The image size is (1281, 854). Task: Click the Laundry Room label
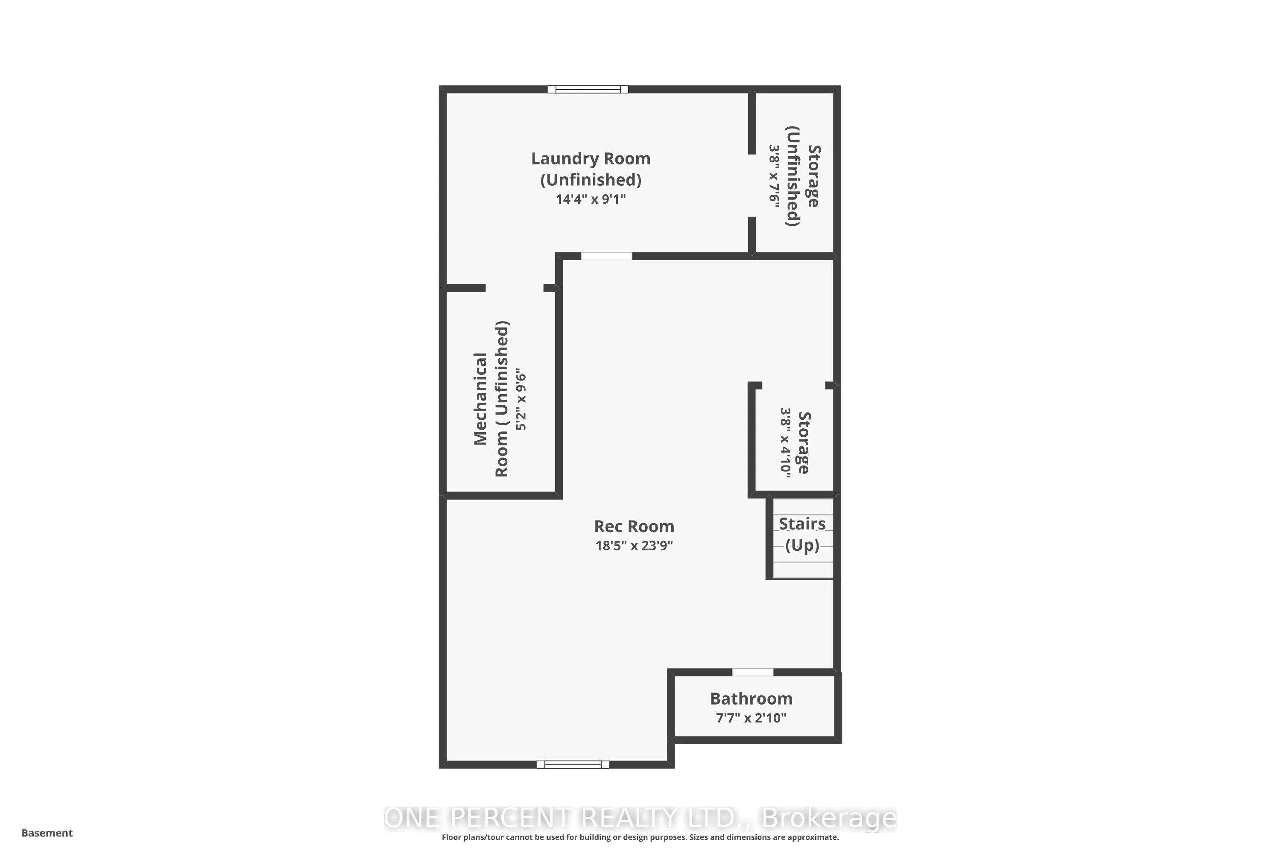click(x=591, y=159)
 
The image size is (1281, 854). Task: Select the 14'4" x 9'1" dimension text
click(x=591, y=199)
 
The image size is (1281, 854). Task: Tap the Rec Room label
click(x=634, y=526)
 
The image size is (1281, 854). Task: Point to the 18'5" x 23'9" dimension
click(x=634, y=546)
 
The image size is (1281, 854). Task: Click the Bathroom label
click(x=751, y=699)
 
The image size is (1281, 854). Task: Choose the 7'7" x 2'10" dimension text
click(x=751, y=718)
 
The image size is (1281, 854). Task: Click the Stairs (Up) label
click(x=802, y=534)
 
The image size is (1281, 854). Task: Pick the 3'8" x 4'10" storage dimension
click(x=785, y=443)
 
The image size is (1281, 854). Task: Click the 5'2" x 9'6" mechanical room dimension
click(x=521, y=401)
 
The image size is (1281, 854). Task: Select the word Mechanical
click(x=480, y=399)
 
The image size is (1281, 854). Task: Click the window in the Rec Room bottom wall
click(x=573, y=765)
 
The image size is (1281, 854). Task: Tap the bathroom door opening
click(x=752, y=673)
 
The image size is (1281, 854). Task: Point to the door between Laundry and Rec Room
click(x=606, y=256)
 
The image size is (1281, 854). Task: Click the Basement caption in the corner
click(x=47, y=833)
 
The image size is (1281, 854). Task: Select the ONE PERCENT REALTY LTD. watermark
click(x=640, y=818)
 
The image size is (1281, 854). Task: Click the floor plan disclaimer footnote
click(x=640, y=837)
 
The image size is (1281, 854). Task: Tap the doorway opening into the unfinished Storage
click(x=752, y=185)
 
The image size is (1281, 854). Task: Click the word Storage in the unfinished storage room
click(x=813, y=176)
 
